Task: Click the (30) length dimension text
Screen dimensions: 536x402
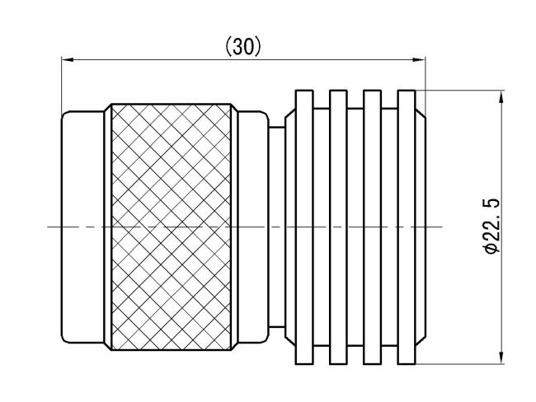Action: [243, 47]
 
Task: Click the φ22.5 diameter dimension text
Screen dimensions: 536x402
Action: [492, 226]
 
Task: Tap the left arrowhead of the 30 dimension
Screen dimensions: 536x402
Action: [68, 60]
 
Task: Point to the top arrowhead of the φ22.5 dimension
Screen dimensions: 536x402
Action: [501, 96]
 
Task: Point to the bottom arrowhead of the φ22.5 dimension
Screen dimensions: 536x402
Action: [501, 358]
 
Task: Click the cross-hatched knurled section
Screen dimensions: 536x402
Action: [171, 227]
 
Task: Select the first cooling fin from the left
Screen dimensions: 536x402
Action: [304, 227]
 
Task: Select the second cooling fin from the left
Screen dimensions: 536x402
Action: [338, 227]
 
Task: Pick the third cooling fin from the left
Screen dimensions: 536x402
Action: [372, 227]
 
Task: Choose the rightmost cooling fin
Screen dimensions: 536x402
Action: [407, 227]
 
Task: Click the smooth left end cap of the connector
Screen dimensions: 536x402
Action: [82, 227]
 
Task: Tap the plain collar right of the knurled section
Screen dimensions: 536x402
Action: [253, 227]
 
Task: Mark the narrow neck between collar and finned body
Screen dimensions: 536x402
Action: [277, 227]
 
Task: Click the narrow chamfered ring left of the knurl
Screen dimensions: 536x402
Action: [108, 227]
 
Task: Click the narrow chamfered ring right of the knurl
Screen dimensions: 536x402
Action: [234, 227]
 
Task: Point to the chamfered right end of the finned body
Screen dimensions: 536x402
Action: [421, 227]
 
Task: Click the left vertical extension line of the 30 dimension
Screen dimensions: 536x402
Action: [62, 86]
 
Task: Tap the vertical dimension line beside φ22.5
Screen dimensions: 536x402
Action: [501, 227]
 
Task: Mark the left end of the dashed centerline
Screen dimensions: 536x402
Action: [48, 227]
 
